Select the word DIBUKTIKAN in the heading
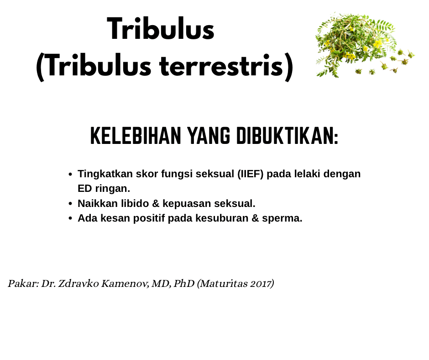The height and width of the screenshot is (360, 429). click(x=287, y=136)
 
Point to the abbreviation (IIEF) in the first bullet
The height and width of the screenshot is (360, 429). click(x=251, y=174)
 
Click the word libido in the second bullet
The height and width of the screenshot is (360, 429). click(x=135, y=203)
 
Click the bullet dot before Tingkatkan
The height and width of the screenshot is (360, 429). click(x=70, y=174)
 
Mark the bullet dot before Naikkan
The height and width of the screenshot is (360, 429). click(x=70, y=204)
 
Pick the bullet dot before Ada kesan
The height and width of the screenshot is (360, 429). click(x=70, y=219)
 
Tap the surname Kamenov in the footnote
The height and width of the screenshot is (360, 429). click(x=125, y=283)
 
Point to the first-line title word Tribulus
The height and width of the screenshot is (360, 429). click(x=161, y=29)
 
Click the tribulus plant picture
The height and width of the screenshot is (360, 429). click(x=365, y=45)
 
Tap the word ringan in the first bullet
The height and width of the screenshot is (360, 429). click(x=112, y=189)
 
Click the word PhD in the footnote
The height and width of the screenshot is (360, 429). click(x=184, y=283)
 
